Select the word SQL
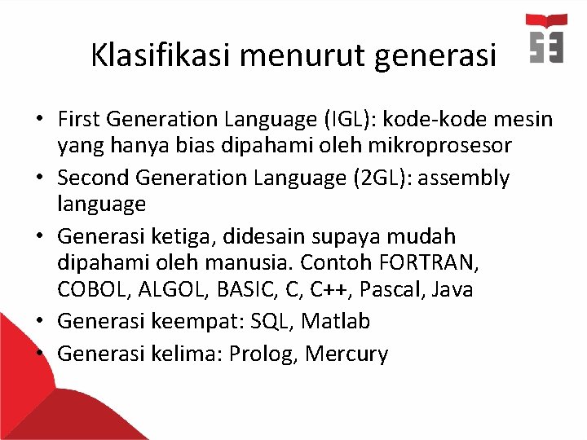point(273,322)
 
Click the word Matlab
point(335,322)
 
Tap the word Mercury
point(346,354)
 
